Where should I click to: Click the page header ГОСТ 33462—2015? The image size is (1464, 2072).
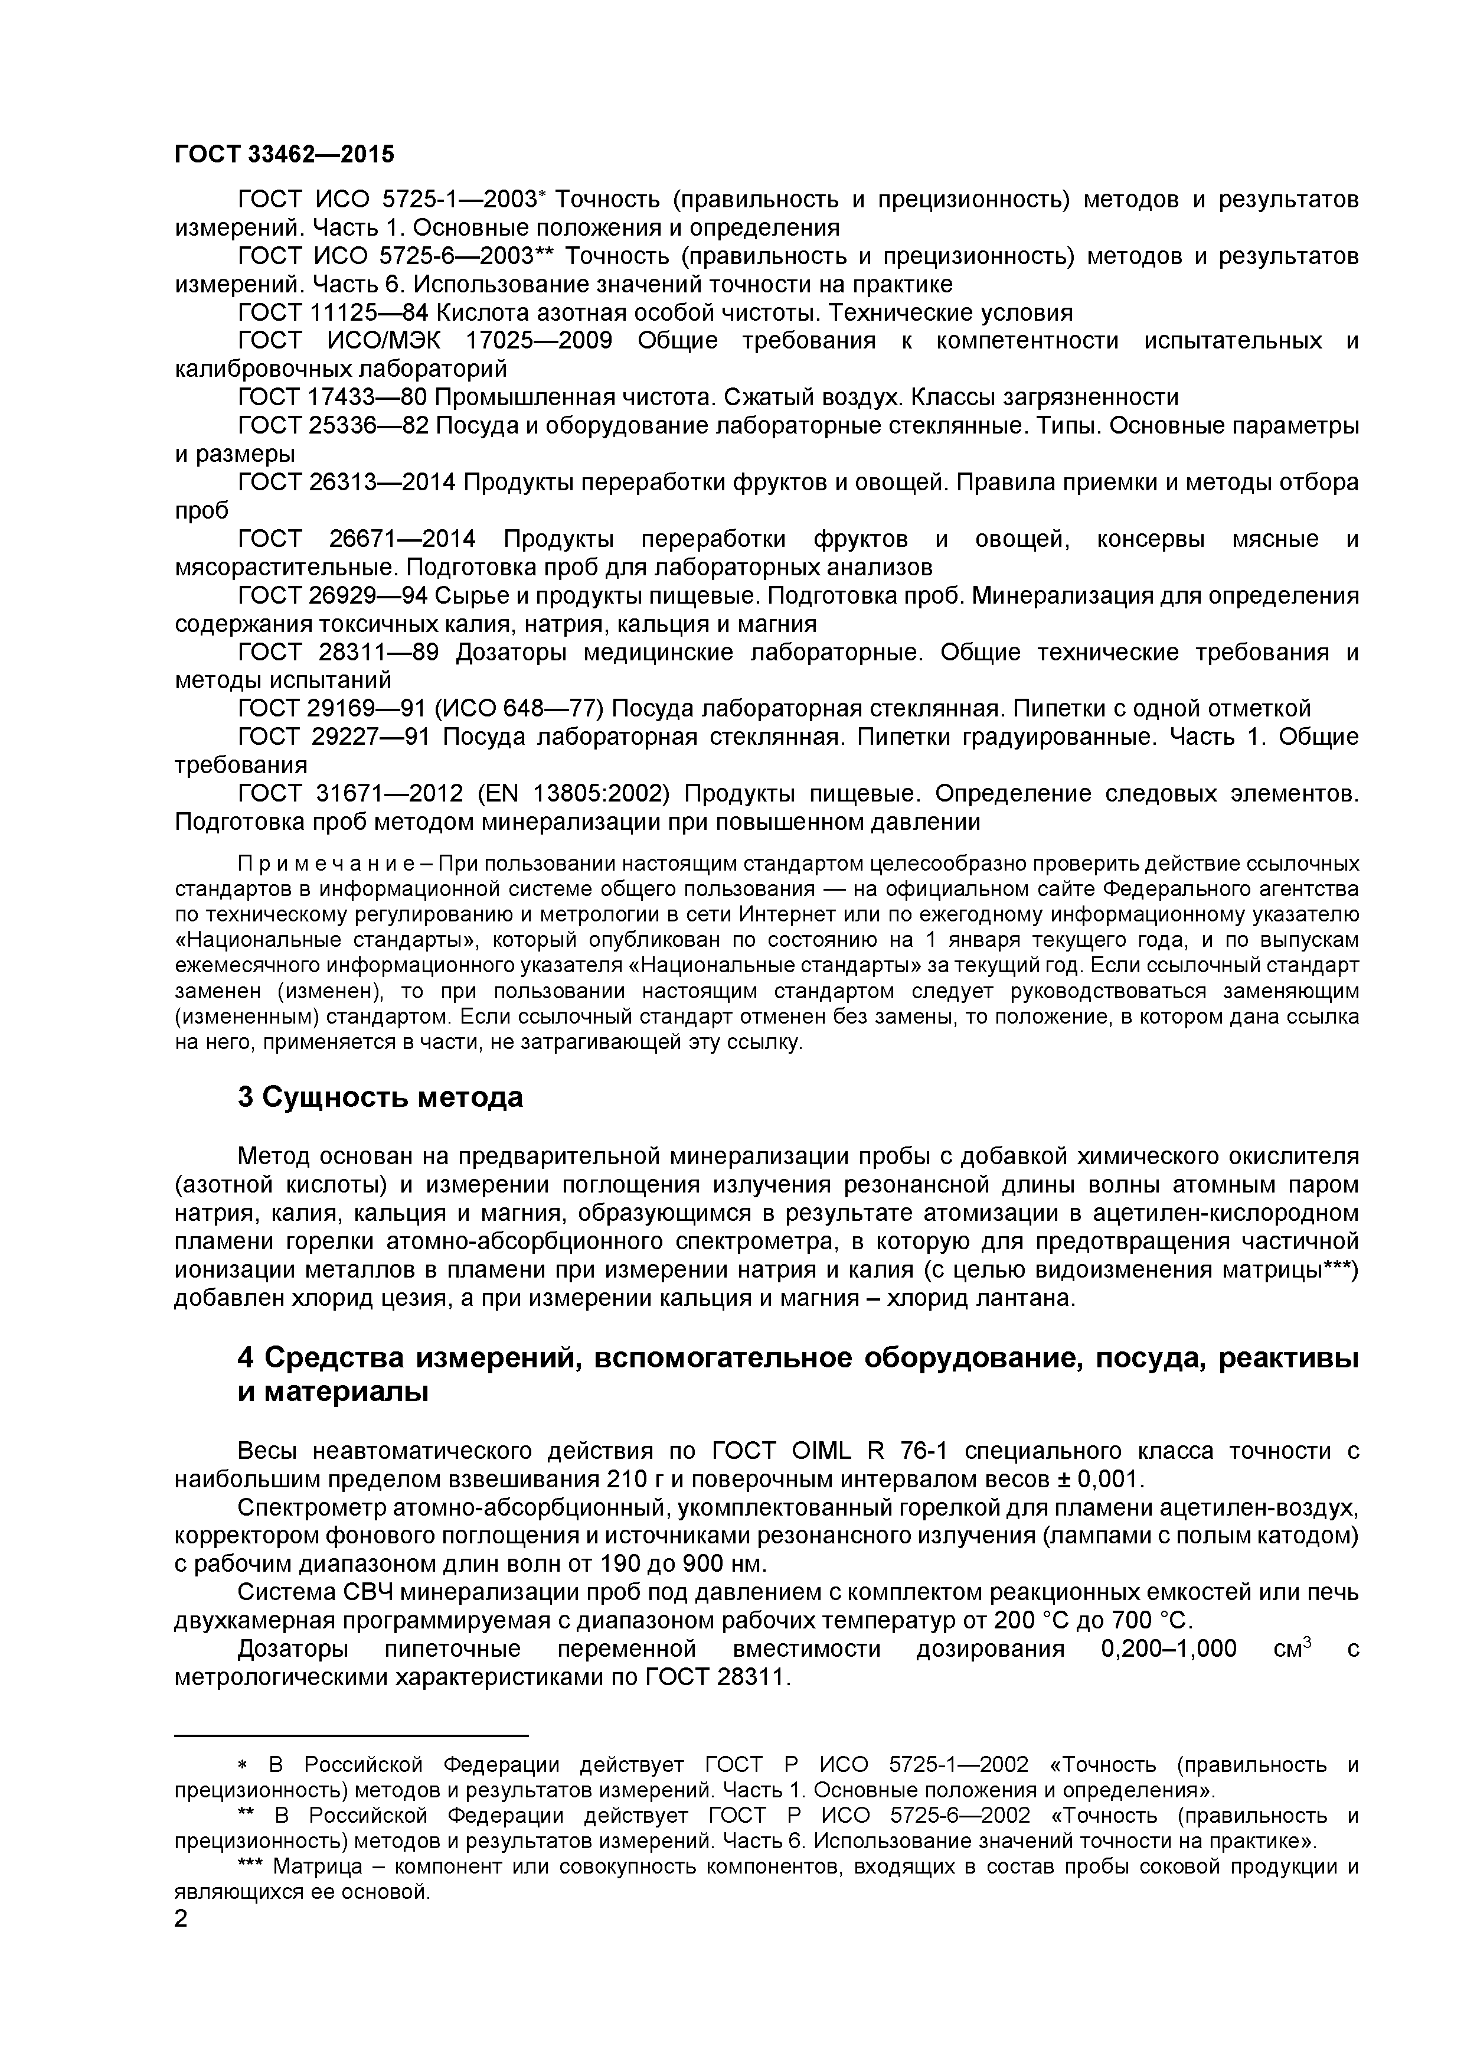(284, 154)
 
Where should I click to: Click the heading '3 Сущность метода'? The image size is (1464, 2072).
(380, 1097)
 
